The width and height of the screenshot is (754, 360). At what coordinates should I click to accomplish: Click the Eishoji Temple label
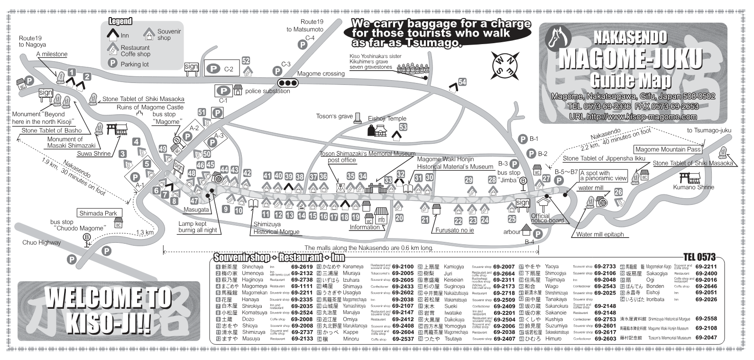387,119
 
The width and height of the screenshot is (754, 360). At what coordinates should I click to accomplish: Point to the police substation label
268,91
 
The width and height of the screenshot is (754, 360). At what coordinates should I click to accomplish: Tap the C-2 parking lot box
222,69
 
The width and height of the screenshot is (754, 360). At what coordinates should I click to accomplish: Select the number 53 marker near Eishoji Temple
403,127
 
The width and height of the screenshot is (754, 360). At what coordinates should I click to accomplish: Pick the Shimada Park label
98,213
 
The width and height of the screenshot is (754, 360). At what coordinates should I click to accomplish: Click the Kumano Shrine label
693,187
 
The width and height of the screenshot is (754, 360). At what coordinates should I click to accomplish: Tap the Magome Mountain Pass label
668,149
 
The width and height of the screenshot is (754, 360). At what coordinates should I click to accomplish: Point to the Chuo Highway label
42,242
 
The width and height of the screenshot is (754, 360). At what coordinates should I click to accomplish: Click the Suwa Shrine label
95,154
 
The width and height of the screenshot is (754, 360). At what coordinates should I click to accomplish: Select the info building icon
381,217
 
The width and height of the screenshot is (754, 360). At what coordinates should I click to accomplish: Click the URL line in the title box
633,117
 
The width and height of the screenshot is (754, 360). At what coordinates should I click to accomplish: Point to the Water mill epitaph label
599,234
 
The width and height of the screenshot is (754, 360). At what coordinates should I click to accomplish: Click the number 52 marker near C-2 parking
246,61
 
